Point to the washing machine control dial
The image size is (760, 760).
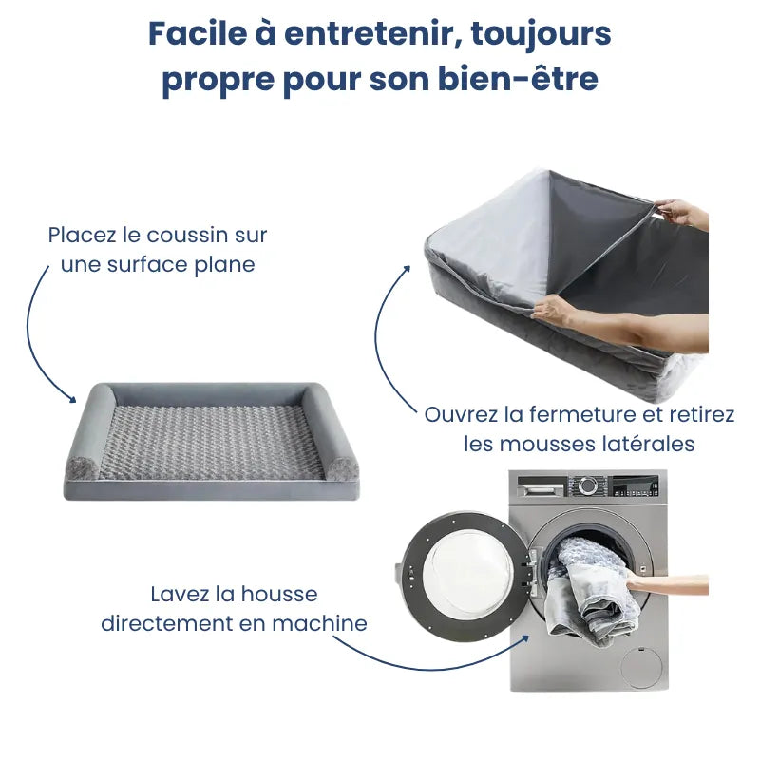pos(589,485)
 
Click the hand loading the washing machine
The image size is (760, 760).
pos(665,582)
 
